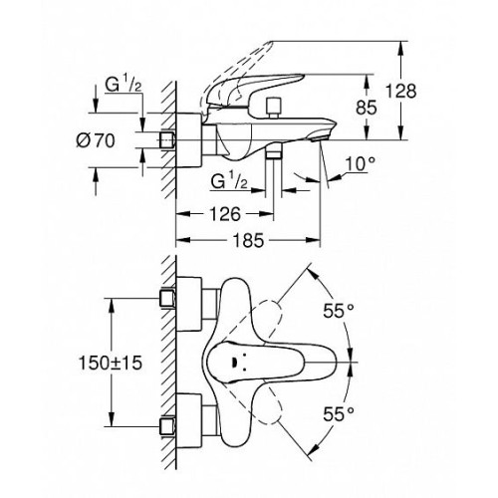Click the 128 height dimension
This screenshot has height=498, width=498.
(401, 91)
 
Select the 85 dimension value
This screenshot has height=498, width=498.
(367, 108)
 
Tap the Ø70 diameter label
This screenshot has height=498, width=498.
(96, 140)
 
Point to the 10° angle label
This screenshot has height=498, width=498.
(361, 163)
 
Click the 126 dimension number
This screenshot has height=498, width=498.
(225, 214)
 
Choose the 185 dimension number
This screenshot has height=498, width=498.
(249, 240)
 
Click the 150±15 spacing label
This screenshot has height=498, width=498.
(111, 363)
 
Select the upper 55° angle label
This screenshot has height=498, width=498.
(339, 311)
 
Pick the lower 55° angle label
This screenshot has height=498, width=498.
(339, 414)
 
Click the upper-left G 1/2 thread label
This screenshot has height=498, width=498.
(124, 85)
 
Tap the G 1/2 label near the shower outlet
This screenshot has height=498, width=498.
(229, 181)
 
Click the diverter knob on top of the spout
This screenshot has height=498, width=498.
(274, 108)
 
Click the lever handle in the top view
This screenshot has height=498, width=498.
(272, 363)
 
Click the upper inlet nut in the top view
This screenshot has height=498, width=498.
(167, 298)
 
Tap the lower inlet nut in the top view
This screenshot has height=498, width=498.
(167, 426)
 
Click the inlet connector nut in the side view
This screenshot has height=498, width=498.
(167, 139)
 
